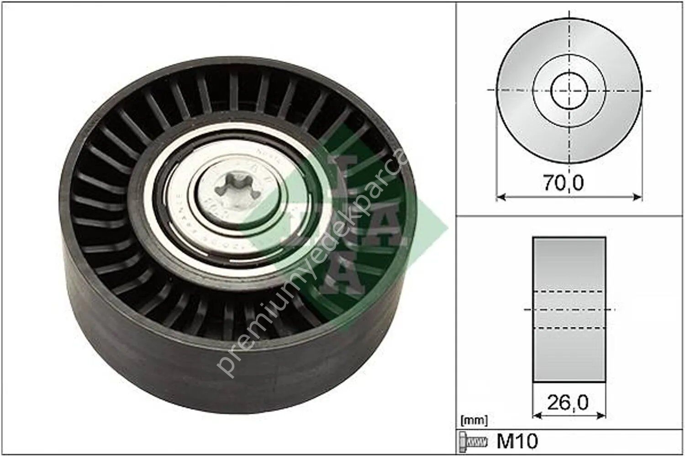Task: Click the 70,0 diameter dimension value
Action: point(563,183)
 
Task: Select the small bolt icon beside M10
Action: point(473,441)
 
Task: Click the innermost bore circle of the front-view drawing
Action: point(569,90)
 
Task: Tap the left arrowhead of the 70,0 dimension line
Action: point(500,197)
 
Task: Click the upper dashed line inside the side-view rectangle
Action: point(569,291)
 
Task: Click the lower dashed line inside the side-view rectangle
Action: point(569,328)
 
